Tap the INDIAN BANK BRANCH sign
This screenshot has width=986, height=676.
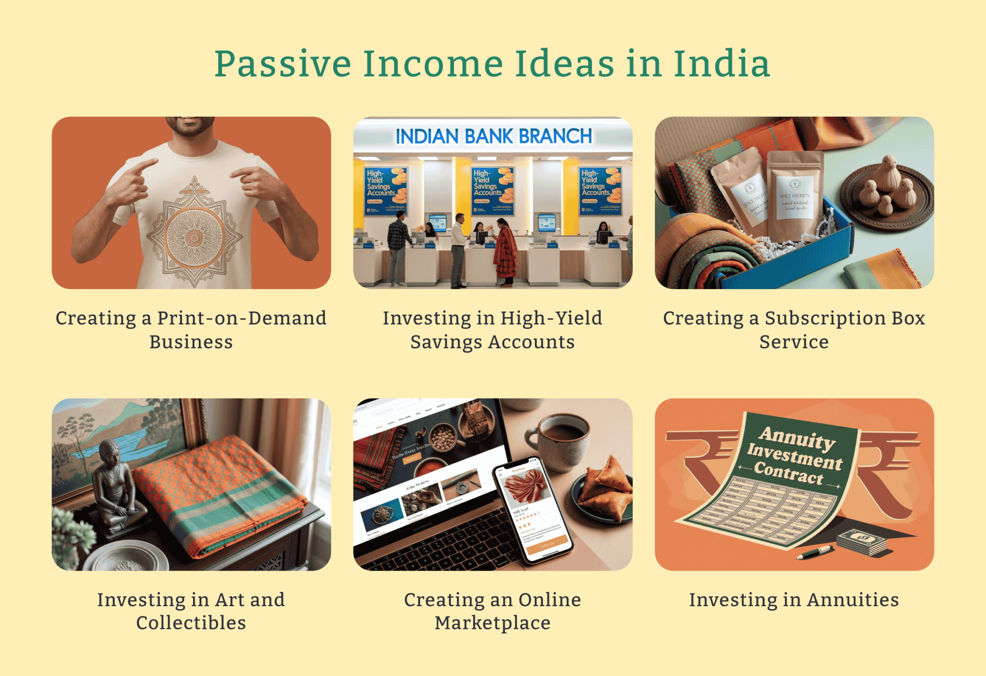[x=493, y=137]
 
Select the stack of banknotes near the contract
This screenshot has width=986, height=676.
[x=862, y=541]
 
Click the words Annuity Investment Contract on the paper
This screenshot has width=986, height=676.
[x=794, y=455]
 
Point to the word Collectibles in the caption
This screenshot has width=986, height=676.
[x=191, y=623]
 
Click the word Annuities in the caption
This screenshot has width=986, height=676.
[x=853, y=600]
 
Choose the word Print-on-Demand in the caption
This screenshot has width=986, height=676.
[x=242, y=319]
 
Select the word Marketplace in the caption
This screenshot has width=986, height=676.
[x=493, y=623]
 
